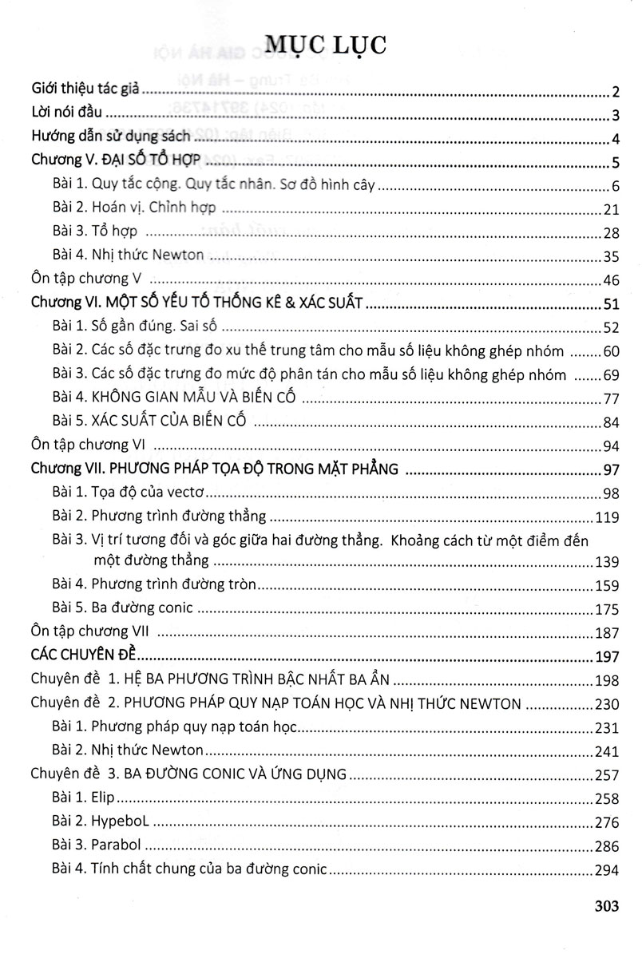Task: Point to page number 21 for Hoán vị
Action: pos(612,210)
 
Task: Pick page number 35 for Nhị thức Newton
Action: pos(612,257)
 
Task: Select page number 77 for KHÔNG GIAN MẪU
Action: pos(612,398)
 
